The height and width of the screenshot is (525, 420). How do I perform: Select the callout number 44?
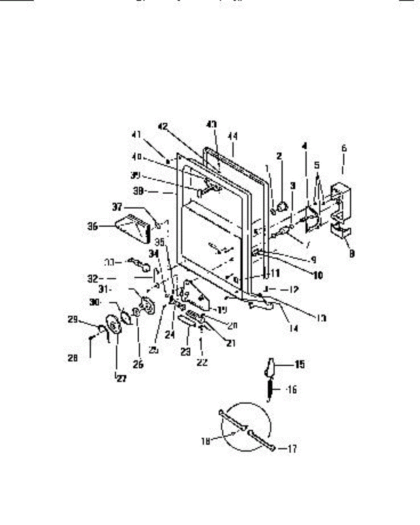pos(232,137)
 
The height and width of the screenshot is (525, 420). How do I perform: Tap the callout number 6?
pos(344,148)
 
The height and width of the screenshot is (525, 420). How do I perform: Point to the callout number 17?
pos(292,449)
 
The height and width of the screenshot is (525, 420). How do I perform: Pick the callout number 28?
pos(73,358)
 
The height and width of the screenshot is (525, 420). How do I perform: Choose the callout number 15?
pos(300,364)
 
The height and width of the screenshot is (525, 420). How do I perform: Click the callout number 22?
pos(202,362)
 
